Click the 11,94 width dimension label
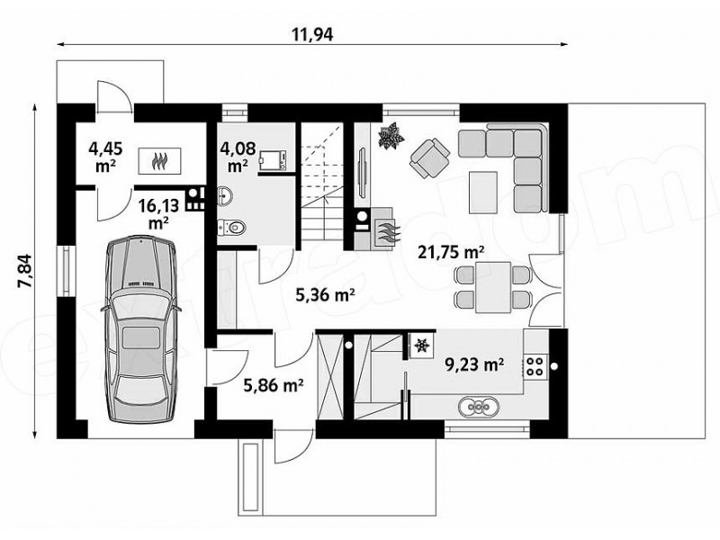coord(312,34)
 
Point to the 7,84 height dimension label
coord(24,271)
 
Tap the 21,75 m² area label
coord(451,252)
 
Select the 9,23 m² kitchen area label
coord(475,364)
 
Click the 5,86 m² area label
coord(273,385)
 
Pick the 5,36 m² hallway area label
coord(325,295)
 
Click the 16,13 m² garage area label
coord(158,213)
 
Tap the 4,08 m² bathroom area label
coord(238,157)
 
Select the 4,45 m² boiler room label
coord(105,157)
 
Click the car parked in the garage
coord(141,329)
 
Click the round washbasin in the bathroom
coord(225,195)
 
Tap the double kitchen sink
coord(478,407)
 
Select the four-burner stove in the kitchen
coord(535,366)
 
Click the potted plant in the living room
coord(391,135)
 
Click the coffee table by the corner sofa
coord(483,192)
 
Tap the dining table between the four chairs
coord(493,287)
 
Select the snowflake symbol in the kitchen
coord(421,345)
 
